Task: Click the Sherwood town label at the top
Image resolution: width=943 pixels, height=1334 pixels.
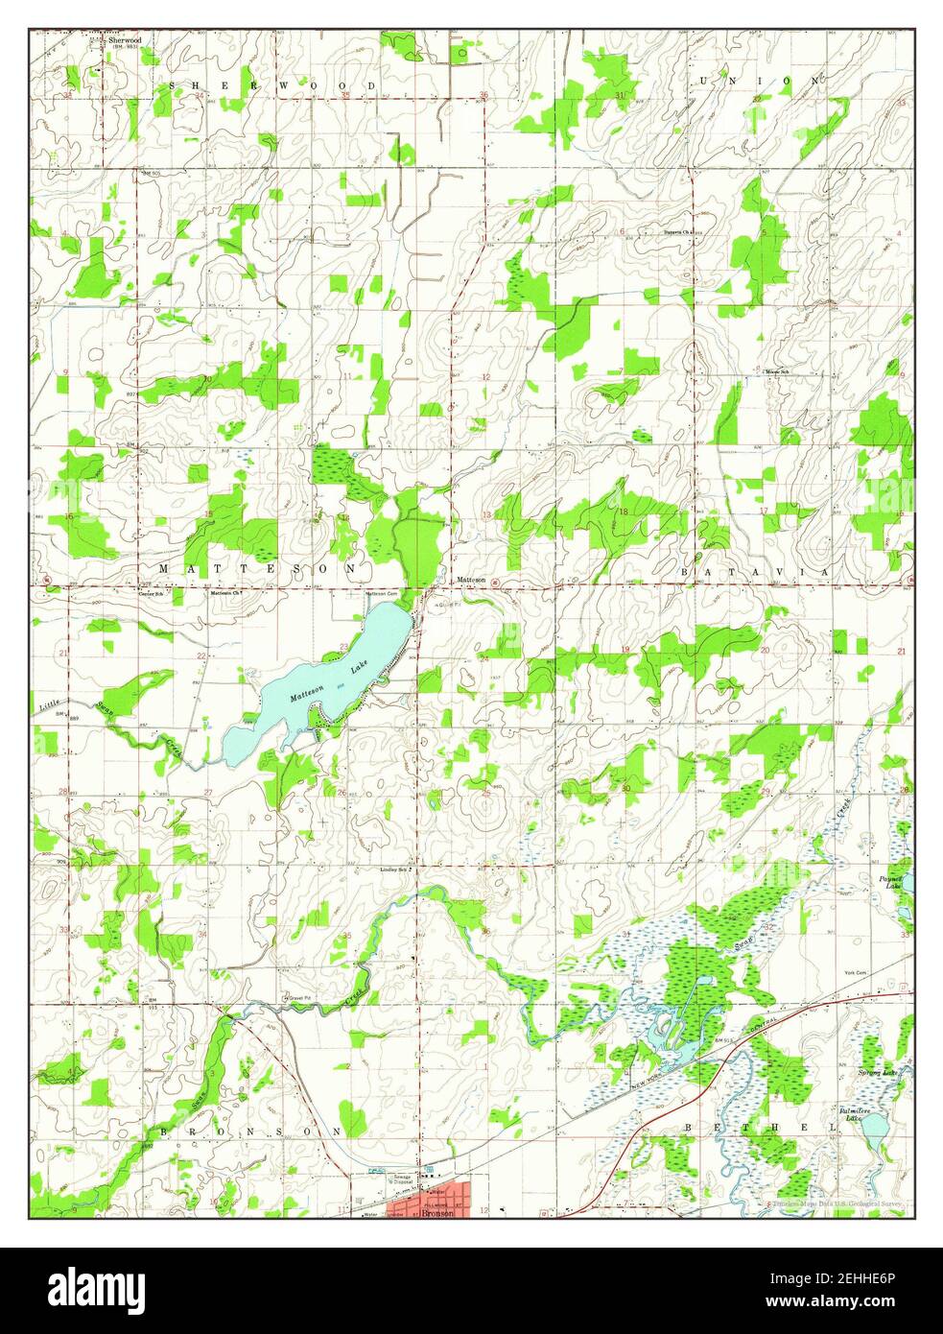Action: [124, 40]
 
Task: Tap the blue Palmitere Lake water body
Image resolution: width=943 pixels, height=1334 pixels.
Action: [875, 1133]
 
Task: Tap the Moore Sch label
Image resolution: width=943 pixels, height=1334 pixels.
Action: [776, 371]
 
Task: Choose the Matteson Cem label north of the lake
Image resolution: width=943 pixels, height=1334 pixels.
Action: [377, 593]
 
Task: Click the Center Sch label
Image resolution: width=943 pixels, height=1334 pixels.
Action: [149, 594]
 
